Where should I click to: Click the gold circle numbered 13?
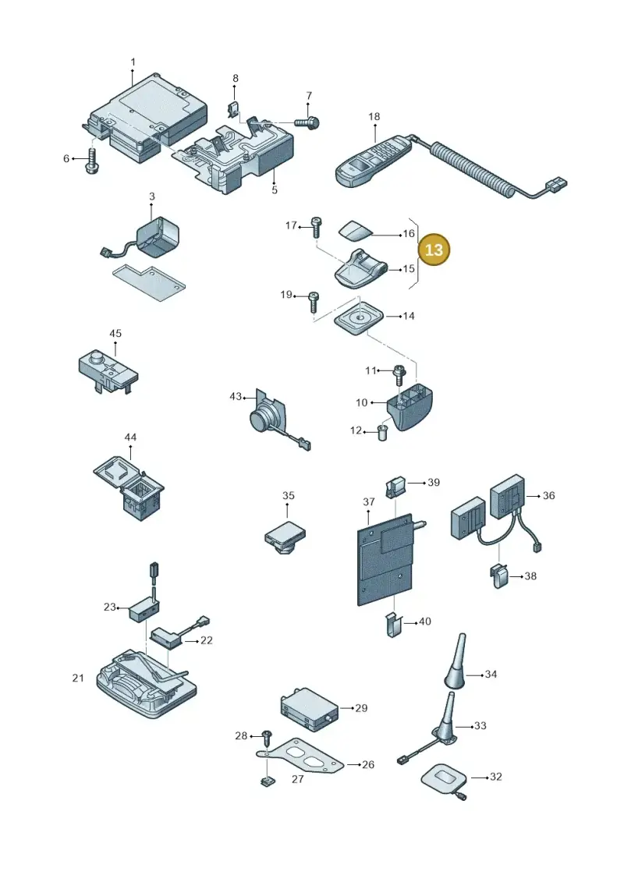(x=434, y=250)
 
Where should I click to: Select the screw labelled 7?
(x=307, y=122)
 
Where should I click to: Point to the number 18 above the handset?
(x=374, y=116)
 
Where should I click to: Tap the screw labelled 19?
(x=314, y=302)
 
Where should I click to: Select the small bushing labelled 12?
(x=383, y=434)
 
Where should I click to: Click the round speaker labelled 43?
(x=264, y=415)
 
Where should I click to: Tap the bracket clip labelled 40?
(x=395, y=624)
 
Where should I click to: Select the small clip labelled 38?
(x=500, y=576)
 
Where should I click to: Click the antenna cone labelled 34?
(x=456, y=661)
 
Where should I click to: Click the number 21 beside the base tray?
(x=78, y=678)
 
